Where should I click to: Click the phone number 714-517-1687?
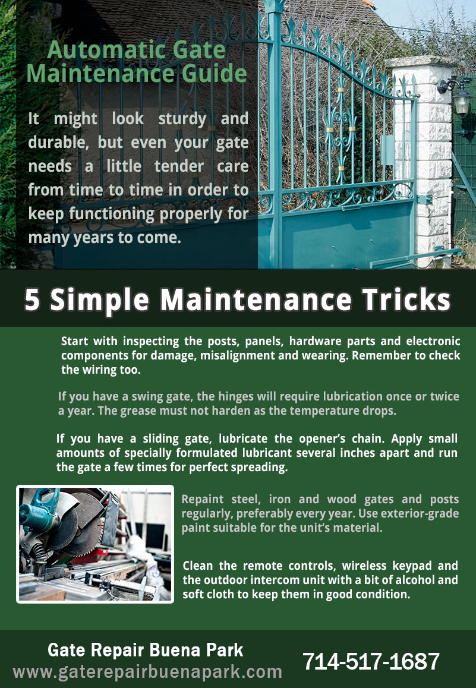(x=371, y=661)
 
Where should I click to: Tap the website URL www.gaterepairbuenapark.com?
(x=147, y=672)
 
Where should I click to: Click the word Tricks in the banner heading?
(x=406, y=299)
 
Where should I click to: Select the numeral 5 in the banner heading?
(x=31, y=300)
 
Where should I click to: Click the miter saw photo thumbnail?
(x=95, y=544)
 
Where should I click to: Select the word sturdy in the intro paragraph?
(x=182, y=119)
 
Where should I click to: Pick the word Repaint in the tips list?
(x=202, y=500)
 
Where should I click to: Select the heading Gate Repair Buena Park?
(x=145, y=650)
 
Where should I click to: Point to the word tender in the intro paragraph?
(x=179, y=166)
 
